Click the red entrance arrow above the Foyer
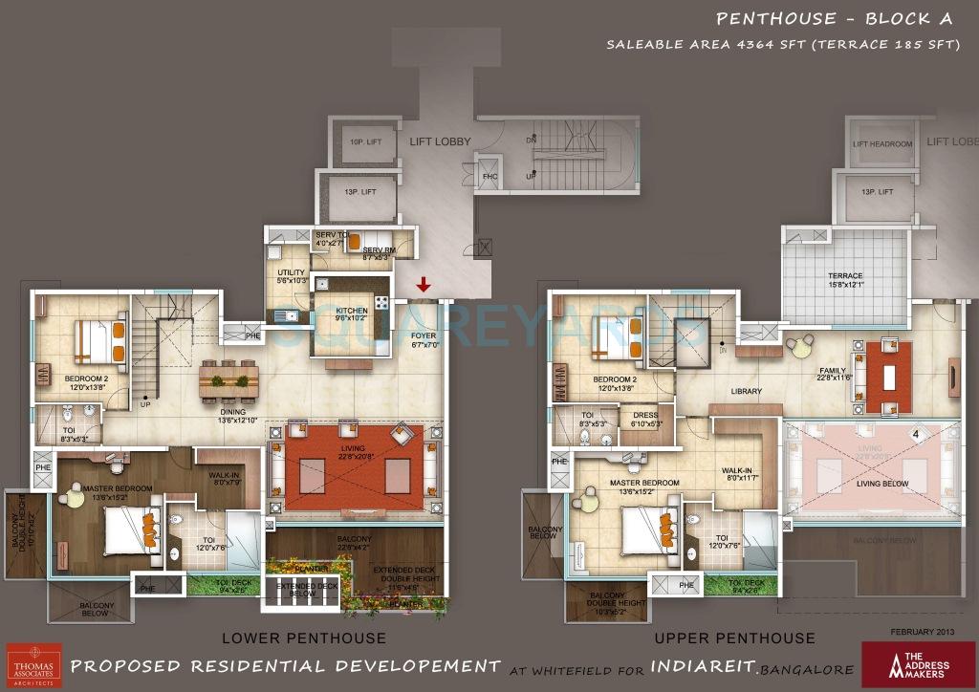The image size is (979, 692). pyautogui.click(x=423, y=285)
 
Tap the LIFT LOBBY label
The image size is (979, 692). pyautogui.click(x=440, y=141)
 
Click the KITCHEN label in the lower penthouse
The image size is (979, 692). pyautogui.click(x=352, y=311)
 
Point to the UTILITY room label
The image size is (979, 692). pyautogui.click(x=291, y=273)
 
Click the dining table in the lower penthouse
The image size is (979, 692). pyautogui.click(x=228, y=380)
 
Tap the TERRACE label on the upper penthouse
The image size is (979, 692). pyautogui.click(x=844, y=276)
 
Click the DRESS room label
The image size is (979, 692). pyautogui.click(x=645, y=415)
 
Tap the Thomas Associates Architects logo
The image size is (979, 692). pyautogui.click(x=33, y=663)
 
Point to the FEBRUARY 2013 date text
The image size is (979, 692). pyautogui.click(x=923, y=632)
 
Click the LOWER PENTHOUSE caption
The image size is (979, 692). pyautogui.click(x=304, y=638)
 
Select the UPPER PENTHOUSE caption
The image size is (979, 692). pyautogui.click(x=734, y=638)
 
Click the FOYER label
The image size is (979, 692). pyautogui.click(x=424, y=335)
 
